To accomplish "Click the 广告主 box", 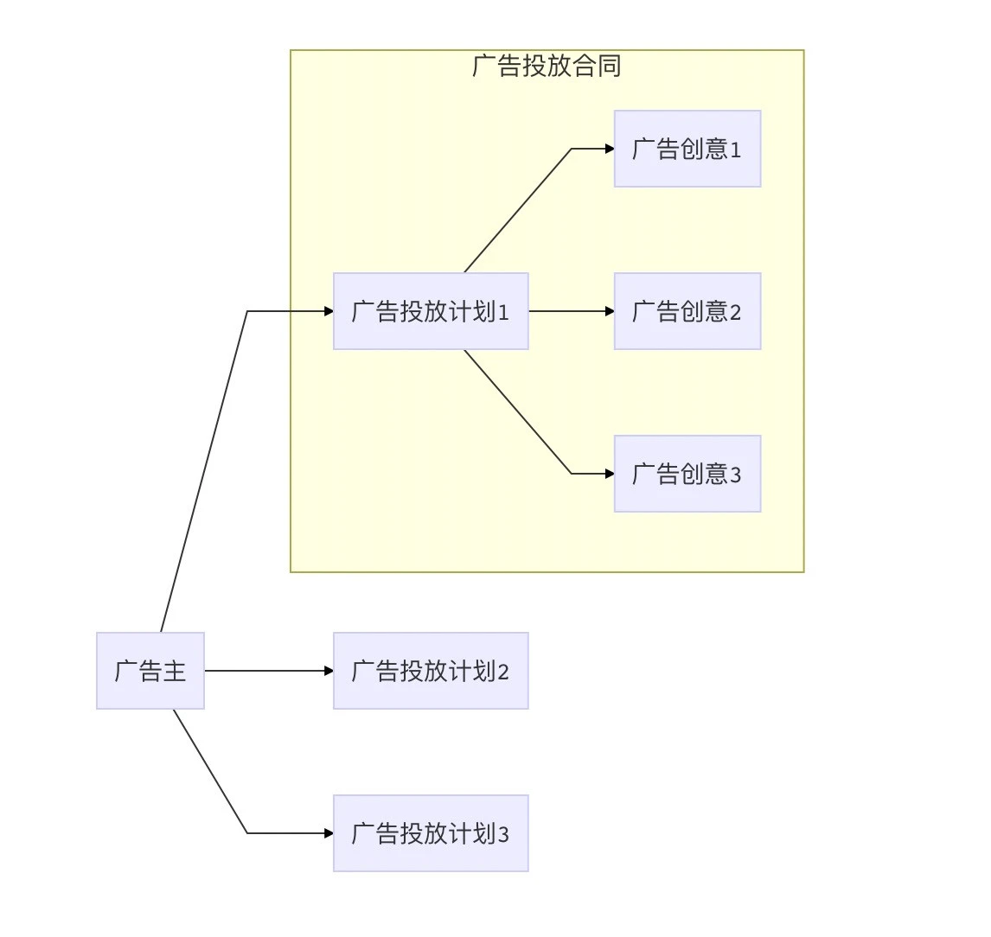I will tap(150, 671).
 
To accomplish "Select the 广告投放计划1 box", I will tap(431, 311).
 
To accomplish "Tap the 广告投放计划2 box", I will tap(431, 671).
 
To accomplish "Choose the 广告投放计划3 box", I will tap(431, 833).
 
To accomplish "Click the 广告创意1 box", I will tap(687, 149).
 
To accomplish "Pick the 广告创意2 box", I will tap(687, 311).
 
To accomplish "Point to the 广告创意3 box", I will tap(687, 474).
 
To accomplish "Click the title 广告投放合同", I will tap(547, 66).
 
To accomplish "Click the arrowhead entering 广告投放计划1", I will tap(329, 311).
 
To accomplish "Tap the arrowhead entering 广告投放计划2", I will tap(329, 671).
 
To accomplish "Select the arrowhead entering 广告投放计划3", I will tap(329, 833).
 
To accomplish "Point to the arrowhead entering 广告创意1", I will tap(610, 149).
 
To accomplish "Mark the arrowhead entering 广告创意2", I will tap(610, 311).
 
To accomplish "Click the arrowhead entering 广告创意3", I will tap(610, 474).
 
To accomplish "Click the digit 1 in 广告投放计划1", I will tap(503, 313).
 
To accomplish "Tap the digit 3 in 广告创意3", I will tap(736, 475).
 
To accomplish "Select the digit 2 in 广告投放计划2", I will tap(503, 672).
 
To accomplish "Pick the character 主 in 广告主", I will tap(175, 671).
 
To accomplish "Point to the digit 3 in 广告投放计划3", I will tap(503, 835).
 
